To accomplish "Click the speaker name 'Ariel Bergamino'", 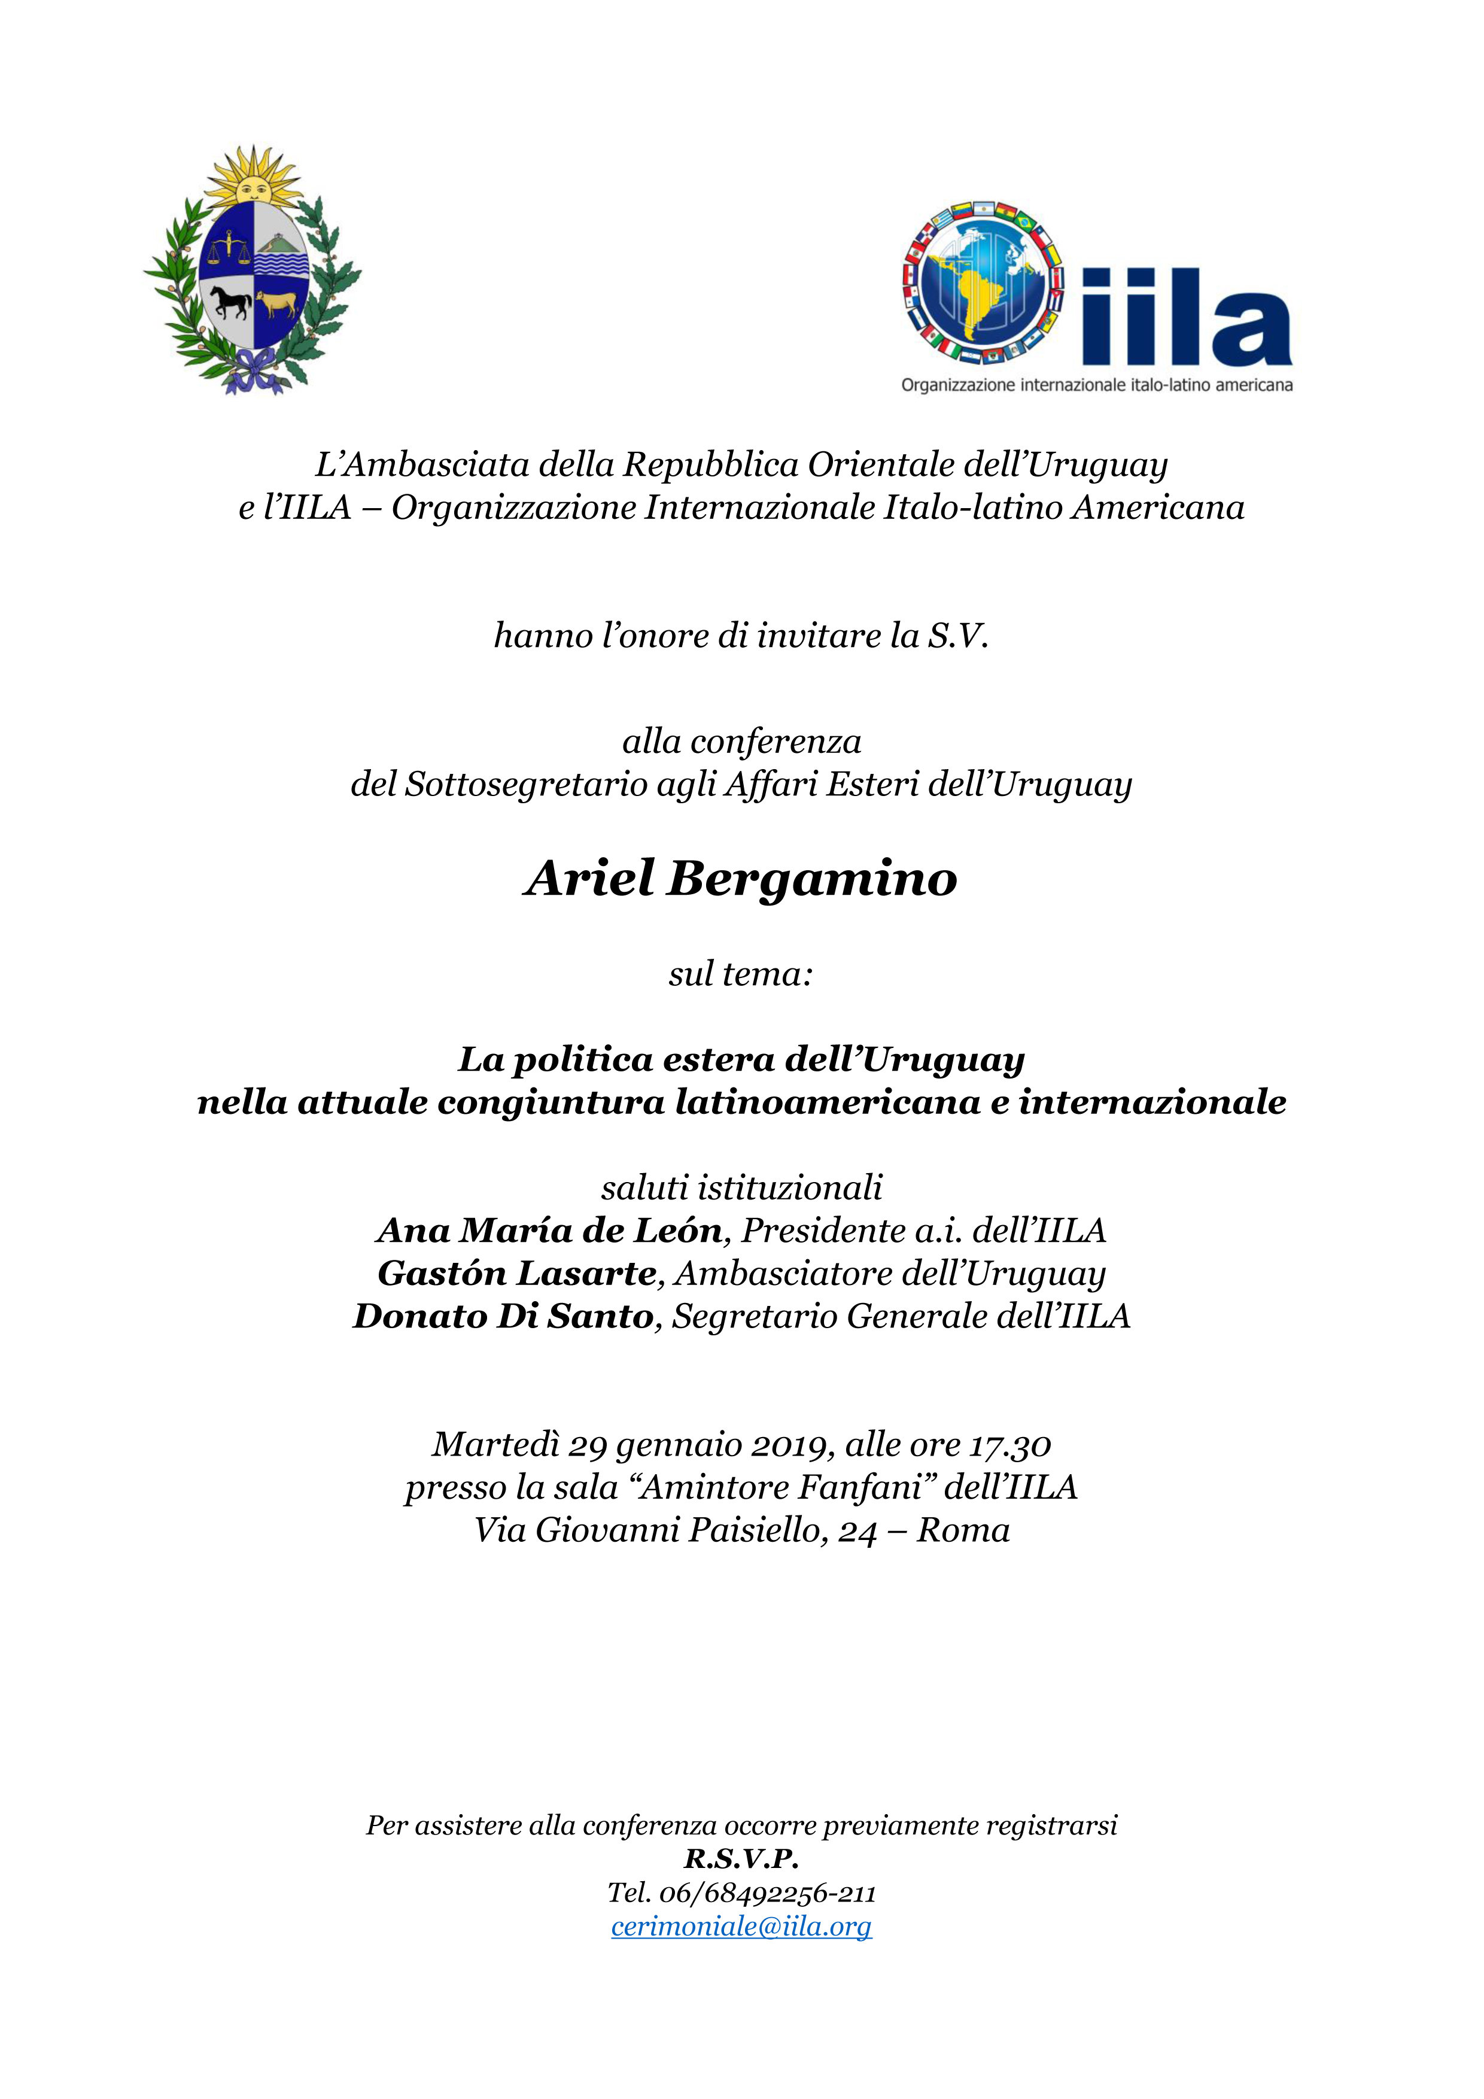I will click(x=740, y=879).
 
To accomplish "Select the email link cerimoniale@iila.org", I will click(x=741, y=1926).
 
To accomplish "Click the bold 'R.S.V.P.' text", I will click(x=741, y=1858).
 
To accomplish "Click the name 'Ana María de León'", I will click(x=550, y=1231).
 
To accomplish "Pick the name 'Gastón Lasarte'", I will click(x=517, y=1274).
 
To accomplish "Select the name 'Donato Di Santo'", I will click(x=503, y=1317).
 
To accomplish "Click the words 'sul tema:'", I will click(x=740, y=974).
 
